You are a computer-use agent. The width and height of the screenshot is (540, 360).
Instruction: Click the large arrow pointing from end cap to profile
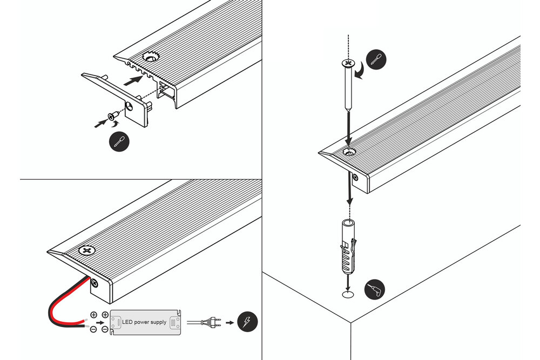click(x=133, y=80)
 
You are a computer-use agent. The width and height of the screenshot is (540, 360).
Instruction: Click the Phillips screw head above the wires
click(x=86, y=251)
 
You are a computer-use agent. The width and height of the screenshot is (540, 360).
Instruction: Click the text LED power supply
click(x=144, y=322)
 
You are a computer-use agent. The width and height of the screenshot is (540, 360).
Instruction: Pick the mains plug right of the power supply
click(x=208, y=323)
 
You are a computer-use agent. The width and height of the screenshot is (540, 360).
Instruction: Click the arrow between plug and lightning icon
click(x=230, y=323)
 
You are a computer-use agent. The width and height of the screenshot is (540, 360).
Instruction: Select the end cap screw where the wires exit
click(x=95, y=282)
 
